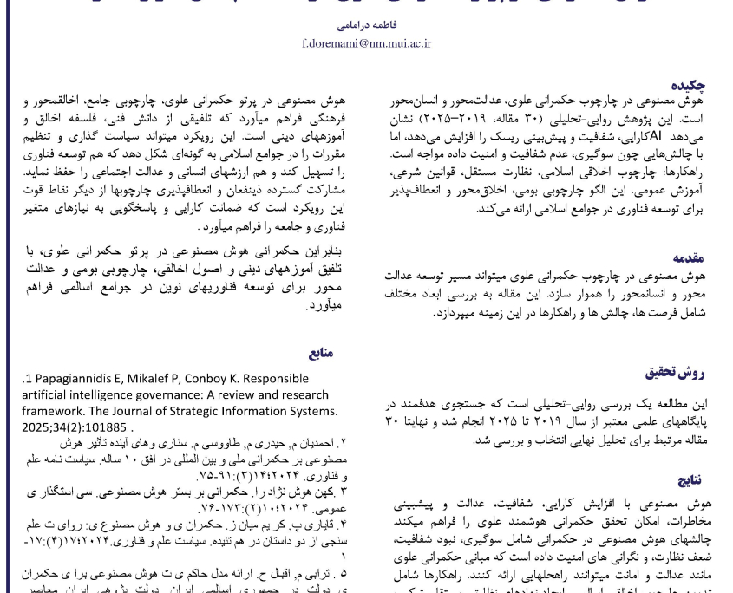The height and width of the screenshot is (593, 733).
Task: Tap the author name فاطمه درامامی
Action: (366, 27)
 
